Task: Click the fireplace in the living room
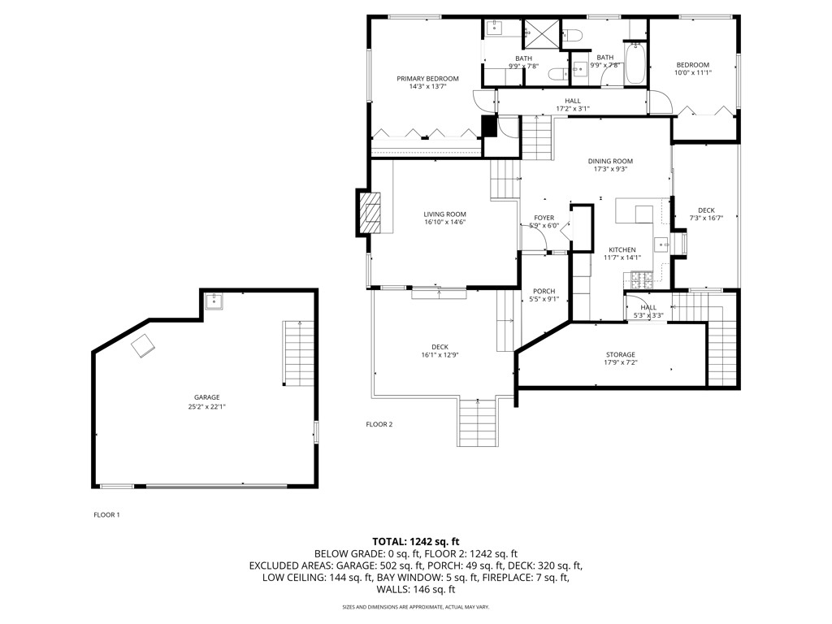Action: point(370,214)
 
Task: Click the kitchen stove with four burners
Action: point(640,281)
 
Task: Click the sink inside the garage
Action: point(215,302)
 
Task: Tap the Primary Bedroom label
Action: point(427,79)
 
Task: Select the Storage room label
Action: point(620,354)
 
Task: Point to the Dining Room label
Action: point(610,161)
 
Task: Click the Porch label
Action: point(544,291)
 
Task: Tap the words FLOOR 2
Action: point(379,424)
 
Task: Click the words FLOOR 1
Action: point(106,514)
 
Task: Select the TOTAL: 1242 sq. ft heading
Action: point(416,541)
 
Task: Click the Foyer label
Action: point(544,218)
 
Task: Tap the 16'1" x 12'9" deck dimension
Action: point(440,355)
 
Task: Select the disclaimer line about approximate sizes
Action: point(415,606)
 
